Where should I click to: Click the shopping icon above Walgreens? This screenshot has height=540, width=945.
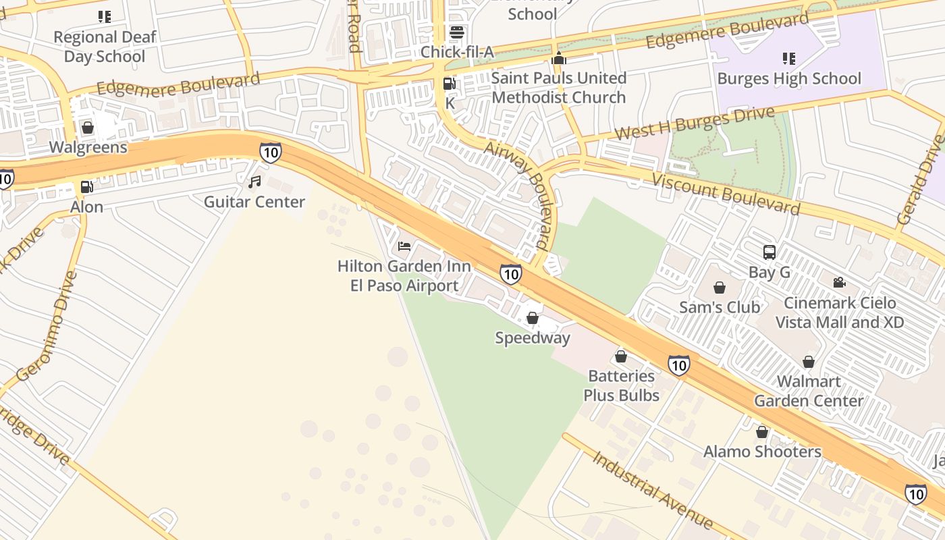click(87, 127)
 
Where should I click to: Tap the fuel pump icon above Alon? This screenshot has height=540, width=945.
click(86, 187)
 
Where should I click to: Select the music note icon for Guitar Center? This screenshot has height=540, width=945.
click(254, 182)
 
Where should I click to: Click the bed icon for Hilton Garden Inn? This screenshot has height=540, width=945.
click(404, 246)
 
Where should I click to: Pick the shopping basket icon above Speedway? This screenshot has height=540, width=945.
click(533, 317)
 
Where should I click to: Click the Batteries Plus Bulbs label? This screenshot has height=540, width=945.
click(621, 385)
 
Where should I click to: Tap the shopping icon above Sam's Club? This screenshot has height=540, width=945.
click(720, 288)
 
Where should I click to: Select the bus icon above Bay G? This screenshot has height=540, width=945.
click(769, 252)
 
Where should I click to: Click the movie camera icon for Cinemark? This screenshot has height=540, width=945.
click(839, 283)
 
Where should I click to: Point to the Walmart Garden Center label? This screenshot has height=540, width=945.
click(809, 391)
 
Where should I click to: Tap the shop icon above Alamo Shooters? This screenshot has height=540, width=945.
click(762, 432)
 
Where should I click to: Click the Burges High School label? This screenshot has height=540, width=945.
click(789, 78)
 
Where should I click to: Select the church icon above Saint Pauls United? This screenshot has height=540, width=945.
click(558, 59)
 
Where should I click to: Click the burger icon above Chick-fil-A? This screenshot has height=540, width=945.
click(457, 32)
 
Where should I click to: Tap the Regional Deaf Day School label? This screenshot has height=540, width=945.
click(104, 46)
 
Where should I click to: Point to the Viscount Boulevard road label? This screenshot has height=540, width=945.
click(726, 193)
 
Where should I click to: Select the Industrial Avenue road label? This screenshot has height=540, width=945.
click(652, 489)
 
